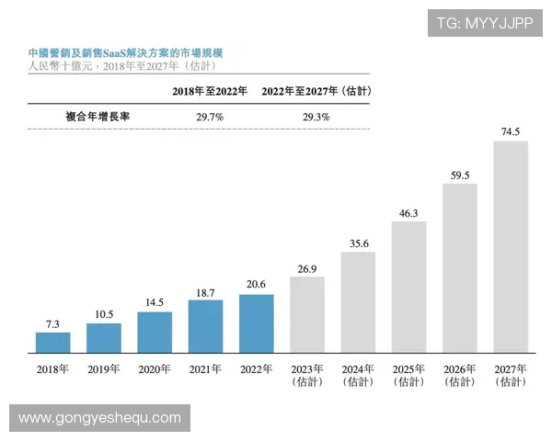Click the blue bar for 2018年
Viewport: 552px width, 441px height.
pyautogui.click(x=53, y=343)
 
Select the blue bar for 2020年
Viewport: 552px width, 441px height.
pyautogui.click(x=155, y=333)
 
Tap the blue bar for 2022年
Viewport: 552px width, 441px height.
pyautogui.click(x=256, y=323)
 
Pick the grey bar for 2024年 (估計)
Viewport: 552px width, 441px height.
pyautogui.click(x=358, y=302)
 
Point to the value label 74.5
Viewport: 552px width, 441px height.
pyautogui.click(x=511, y=131)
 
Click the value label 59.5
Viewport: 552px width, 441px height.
pyautogui.click(x=460, y=175)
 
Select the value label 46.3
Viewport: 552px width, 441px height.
pyautogui.click(x=408, y=213)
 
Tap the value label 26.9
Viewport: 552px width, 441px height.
pyautogui.click(x=307, y=268)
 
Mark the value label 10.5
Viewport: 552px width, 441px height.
pyautogui.click(x=104, y=314)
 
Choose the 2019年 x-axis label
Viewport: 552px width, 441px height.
pyautogui.click(x=104, y=369)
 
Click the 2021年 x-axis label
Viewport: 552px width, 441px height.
pyautogui.click(x=205, y=369)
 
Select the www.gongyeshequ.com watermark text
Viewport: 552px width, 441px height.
pyautogui.click(x=99, y=418)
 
